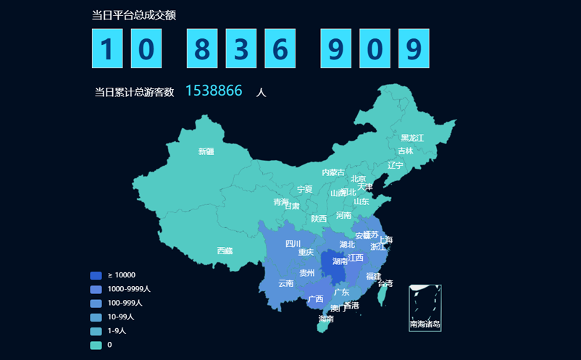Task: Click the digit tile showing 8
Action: click(x=202, y=49)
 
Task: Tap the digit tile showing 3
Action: click(x=241, y=49)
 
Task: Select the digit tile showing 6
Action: click(x=280, y=49)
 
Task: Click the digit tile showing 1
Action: click(x=107, y=49)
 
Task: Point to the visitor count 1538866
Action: click(x=214, y=91)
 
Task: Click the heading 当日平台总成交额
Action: click(x=134, y=15)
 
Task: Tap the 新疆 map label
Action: click(x=206, y=151)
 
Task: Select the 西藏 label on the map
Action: click(x=225, y=251)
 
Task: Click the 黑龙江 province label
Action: click(x=412, y=138)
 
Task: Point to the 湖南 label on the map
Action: click(x=340, y=261)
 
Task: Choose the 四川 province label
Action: click(x=293, y=243)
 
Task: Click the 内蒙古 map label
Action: click(x=333, y=172)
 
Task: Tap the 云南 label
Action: click(x=285, y=283)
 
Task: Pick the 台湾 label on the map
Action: click(x=385, y=283)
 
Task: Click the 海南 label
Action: click(x=326, y=319)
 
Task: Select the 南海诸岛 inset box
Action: click(x=425, y=308)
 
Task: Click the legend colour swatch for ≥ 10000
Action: click(x=96, y=275)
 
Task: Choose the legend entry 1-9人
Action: click(x=117, y=331)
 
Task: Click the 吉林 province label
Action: click(x=405, y=151)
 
